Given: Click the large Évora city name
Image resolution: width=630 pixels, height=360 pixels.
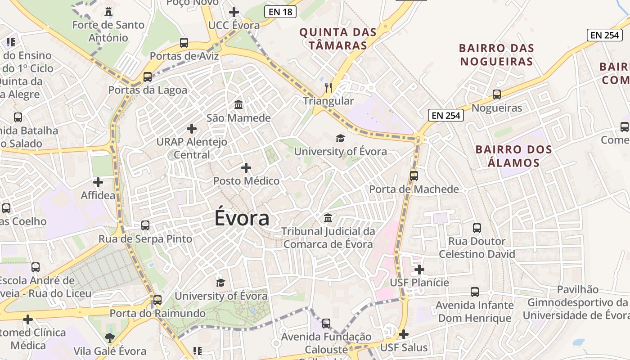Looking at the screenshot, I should (x=242, y=218).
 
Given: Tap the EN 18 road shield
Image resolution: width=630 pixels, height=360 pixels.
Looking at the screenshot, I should (x=281, y=12).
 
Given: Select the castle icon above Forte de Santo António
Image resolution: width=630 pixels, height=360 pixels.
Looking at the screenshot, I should (x=108, y=11).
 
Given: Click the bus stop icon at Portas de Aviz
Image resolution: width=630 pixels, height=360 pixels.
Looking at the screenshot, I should (x=184, y=43).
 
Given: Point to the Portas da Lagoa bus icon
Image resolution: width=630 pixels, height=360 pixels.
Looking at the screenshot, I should (x=148, y=76).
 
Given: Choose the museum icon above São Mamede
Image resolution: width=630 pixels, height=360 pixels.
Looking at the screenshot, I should (x=238, y=105).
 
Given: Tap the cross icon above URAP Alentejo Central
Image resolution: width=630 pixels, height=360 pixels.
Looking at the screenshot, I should (x=192, y=129).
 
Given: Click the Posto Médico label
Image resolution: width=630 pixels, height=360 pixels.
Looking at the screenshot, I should (x=246, y=181).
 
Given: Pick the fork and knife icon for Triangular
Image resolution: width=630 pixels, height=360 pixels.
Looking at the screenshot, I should (x=328, y=87).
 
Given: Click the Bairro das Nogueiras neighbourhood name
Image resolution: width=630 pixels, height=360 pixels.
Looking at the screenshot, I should (x=496, y=54).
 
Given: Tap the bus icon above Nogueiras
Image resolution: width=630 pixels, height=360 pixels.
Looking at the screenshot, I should (x=497, y=94).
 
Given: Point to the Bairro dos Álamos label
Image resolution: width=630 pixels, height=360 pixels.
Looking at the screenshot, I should (x=513, y=156).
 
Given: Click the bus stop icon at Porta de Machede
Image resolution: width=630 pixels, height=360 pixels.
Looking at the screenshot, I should (x=414, y=175).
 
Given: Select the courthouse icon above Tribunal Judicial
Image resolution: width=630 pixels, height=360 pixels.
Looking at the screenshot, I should (x=328, y=218).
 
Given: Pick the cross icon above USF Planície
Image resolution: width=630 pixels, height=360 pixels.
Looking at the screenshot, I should (x=419, y=270).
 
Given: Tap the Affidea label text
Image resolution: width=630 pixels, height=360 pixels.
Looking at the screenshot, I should (x=98, y=196).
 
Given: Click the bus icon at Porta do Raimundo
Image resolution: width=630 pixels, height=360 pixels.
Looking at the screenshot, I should (x=157, y=300).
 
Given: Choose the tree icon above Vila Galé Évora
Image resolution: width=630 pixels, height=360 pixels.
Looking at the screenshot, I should (x=109, y=337).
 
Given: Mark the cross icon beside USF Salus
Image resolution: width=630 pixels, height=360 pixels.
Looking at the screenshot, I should (x=404, y=334).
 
